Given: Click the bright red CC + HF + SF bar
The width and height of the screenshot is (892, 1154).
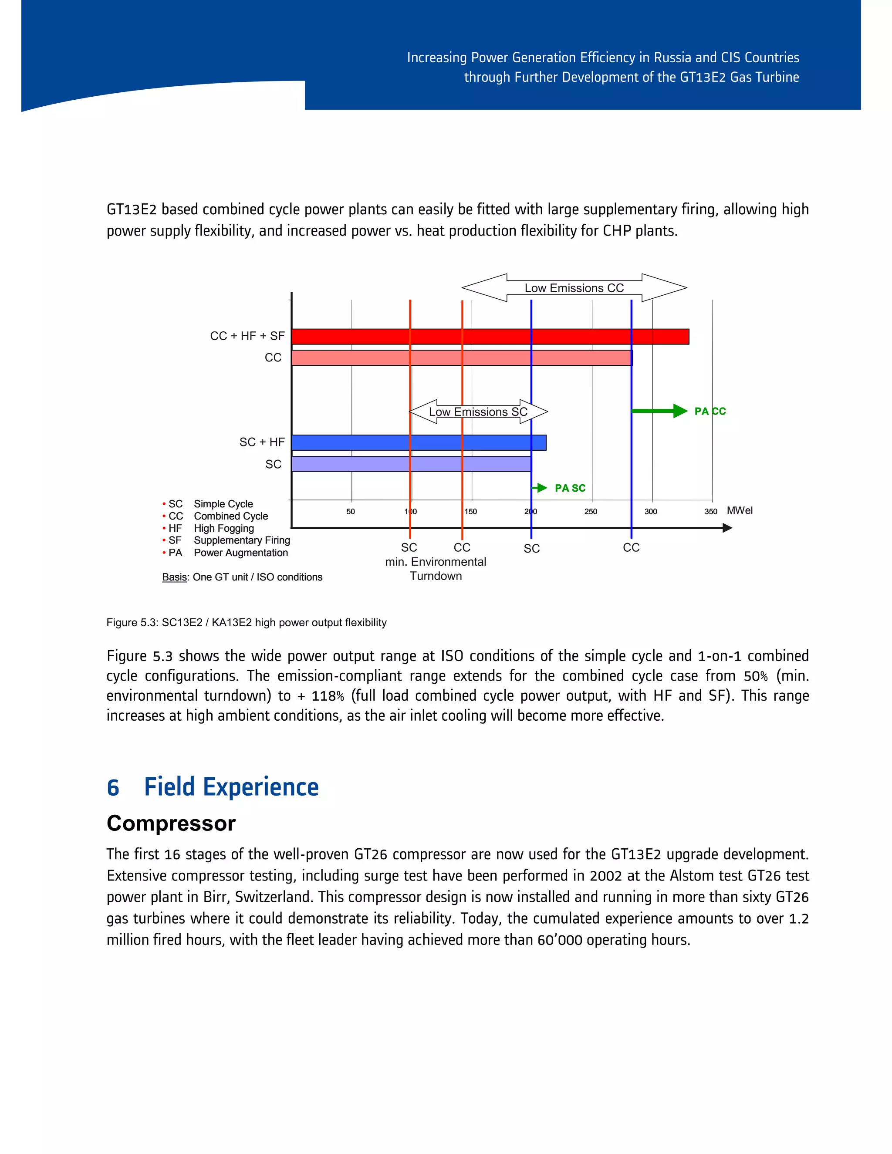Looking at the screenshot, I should tap(490, 337).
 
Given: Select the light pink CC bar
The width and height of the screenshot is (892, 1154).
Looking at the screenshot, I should tap(461, 358).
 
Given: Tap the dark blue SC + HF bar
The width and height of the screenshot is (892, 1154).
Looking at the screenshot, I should tap(419, 442).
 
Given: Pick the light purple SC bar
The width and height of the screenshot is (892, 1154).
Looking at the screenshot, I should tap(411, 464).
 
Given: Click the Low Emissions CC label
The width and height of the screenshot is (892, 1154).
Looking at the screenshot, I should tap(574, 288).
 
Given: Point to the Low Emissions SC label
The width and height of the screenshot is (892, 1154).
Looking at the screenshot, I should tap(478, 412).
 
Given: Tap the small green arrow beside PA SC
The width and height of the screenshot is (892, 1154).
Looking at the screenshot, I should tap(540, 488).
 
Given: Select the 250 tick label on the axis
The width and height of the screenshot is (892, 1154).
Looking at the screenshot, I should tap(591, 512).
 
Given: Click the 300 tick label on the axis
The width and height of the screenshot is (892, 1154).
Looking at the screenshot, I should tap(651, 512).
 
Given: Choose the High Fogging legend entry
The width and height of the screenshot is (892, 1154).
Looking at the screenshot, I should tap(223, 528).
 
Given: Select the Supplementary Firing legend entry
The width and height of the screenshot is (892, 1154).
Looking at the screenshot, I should tap(241, 540).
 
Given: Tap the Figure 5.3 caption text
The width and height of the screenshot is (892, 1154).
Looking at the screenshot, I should tap(246, 622).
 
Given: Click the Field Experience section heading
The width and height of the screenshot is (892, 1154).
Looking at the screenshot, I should tap(231, 787).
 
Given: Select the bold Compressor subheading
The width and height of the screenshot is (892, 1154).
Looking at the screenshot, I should tap(171, 823).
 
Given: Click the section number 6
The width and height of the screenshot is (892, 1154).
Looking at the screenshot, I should tap(113, 787).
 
